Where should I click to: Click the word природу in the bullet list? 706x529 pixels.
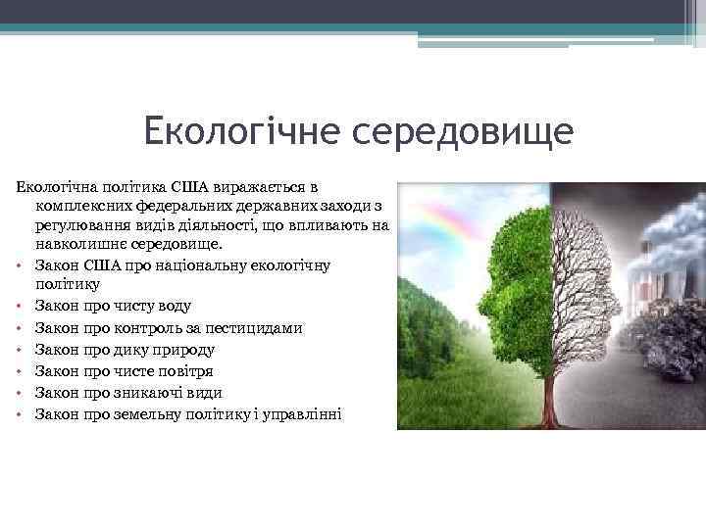pyautogui.click(x=182, y=350)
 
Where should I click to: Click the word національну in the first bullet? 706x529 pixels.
pyautogui.click(x=181, y=265)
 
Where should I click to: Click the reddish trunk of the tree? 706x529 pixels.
pyautogui.click(x=549, y=392)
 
